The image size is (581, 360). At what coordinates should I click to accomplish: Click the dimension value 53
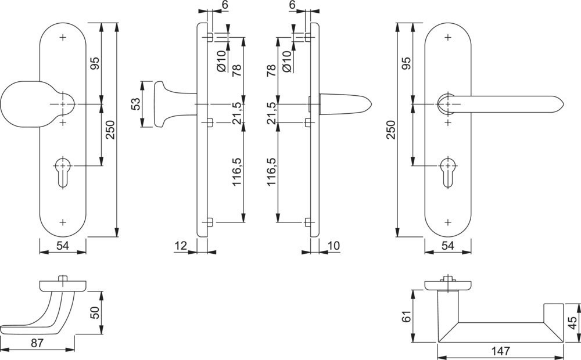click(136, 104)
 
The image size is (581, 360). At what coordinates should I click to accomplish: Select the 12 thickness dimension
click(181, 246)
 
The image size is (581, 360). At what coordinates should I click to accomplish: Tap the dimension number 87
click(37, 343)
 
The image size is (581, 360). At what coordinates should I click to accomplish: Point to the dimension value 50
click(95, 313)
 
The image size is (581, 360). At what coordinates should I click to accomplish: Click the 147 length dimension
click(500, 350)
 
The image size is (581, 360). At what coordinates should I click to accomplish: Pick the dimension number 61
click(407, 316)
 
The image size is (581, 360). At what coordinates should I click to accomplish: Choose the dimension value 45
click(573, 323)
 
